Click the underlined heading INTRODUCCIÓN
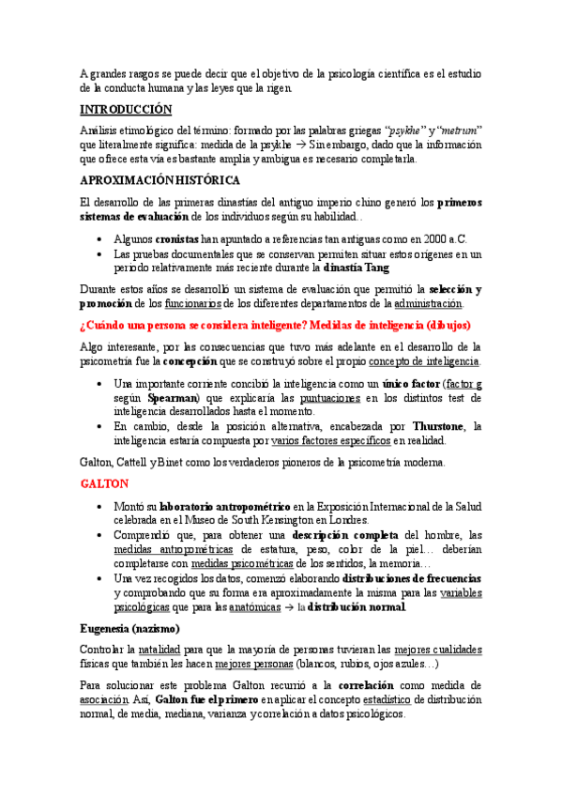(126, 109)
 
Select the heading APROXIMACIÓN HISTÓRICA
(160, 179)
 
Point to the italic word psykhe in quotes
(399, 130)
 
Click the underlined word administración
(428, 304)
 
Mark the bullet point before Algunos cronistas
(99, 240)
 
